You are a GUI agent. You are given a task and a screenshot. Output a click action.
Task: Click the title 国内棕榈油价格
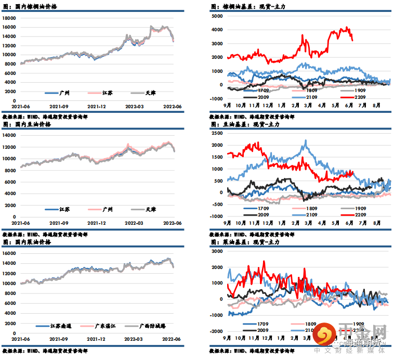pos(36,7)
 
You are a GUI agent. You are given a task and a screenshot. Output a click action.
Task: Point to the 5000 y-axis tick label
pos(217,16)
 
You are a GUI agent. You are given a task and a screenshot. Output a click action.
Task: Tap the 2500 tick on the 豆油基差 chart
pos(217,133)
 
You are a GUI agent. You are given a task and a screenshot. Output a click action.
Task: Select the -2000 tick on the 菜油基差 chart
pos(216,331)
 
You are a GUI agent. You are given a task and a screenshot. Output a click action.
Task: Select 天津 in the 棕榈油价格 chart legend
pos(150,93)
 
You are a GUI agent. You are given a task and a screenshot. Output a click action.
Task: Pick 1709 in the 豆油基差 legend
pos(264,208)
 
